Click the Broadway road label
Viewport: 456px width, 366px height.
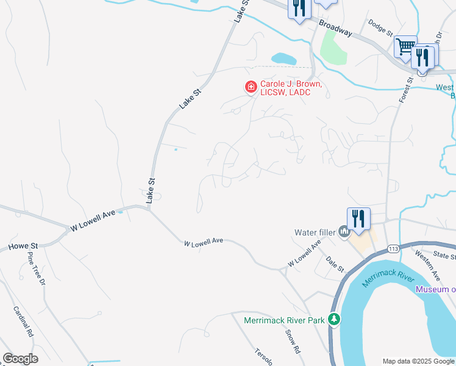(x=335, y=28)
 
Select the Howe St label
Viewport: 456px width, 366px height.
(x=23, y=246)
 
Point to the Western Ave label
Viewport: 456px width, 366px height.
(x=426, y=260)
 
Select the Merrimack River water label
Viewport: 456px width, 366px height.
(x=384, y=276)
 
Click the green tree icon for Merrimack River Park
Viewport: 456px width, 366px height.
(x=333, y=319)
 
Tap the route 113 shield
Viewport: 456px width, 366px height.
(x=393, y=249)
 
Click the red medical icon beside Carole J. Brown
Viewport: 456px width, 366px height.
(x=250, y=87)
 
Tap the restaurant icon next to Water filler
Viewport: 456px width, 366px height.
(x=358, y=218)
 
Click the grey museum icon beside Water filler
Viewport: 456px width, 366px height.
(x=344, y=231)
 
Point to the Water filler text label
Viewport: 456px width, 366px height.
(x=315, y=232)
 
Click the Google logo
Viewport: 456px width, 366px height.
(x=20, y=359)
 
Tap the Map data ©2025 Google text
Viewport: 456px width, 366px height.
(x=418, y=361)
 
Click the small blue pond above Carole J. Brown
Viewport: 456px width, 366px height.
(x=283, y=59)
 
